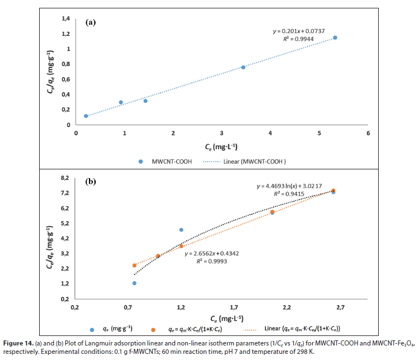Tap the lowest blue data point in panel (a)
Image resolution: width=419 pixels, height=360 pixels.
click(86, 116)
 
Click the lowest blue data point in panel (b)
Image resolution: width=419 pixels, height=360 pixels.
click(134, 283)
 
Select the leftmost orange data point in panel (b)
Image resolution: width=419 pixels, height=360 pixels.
click(134, 266)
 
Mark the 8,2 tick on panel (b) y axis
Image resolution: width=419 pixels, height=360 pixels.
click(64, 178)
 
